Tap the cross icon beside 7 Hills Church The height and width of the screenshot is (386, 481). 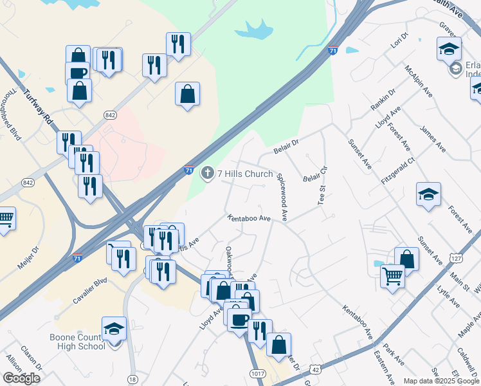(207, 173)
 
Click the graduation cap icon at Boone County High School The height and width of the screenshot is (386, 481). (114, 329)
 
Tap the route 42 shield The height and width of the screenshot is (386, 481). (314, 369)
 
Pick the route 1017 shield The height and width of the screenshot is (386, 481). (255, 372)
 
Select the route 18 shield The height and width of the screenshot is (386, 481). (132, 380)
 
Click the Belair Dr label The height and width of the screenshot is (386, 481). (287, 143)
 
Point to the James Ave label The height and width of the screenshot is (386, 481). (432, 140)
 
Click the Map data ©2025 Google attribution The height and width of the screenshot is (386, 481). (441, 381)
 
